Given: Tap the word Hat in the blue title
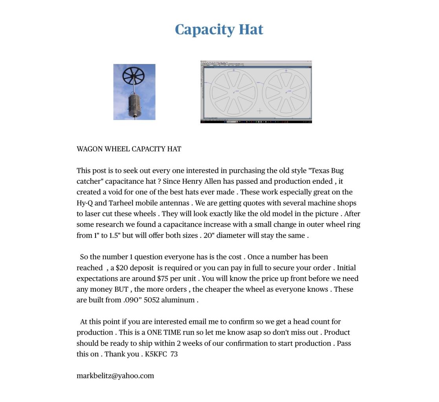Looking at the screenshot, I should pyautogui.click(x=251, y=29).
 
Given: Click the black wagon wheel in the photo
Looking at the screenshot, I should pyautogui.click(x=134, y=75).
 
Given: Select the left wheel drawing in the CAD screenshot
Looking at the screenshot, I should pyautogui.click(x=233, y=93).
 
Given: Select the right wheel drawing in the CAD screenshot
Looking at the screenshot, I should pyautogui.click(x=286, y=93).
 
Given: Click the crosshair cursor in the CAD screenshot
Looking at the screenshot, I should pyautogui.click(x=259, y=111).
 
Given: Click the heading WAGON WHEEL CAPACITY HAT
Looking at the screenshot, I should pyautogui.click(x=129, y=149).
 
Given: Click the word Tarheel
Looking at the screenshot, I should pyautogui.click(x=121, y=203).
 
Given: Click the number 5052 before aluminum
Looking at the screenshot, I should pyautogui.click(x=151, y=300).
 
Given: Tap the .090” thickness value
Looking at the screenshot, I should pyautogui.click(x=132, y=300).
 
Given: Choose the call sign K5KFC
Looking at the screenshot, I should pyautogui.click(x=156, y=354).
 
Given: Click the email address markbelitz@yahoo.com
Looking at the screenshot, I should pyautogui.click(x=115, y=376).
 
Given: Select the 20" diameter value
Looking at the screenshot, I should pyautogui.click(x=208, y=236).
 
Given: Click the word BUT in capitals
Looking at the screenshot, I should pyautogui.click(x=121, y=289).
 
